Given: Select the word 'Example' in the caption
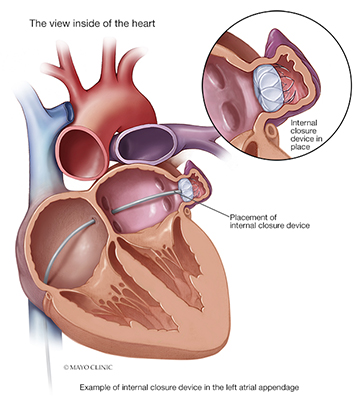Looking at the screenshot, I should pos(97,385).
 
